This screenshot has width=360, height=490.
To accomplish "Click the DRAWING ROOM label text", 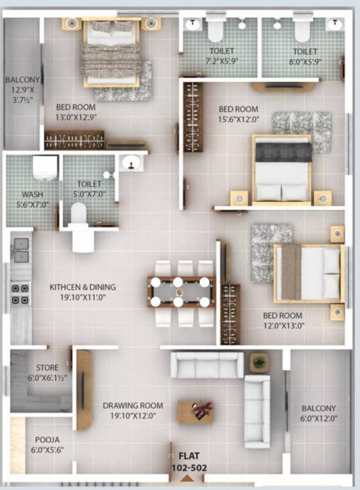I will coord(133,405).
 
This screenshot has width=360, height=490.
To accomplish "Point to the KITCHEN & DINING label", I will coord(83,287).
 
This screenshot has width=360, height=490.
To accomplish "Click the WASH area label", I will coord(32,193).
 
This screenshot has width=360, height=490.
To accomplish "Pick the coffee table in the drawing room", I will coord(195,412).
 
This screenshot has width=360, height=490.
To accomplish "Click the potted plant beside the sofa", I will coord(259,363).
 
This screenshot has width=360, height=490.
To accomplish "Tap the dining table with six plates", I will coord(181,292).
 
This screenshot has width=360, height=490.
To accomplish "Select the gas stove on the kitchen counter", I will coord(21,294).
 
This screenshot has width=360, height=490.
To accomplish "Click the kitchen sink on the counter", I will coord(21,249).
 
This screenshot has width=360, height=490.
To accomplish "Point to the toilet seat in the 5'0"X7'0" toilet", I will coord(80,212).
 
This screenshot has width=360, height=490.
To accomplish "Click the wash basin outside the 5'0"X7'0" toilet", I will coord(131,164).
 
